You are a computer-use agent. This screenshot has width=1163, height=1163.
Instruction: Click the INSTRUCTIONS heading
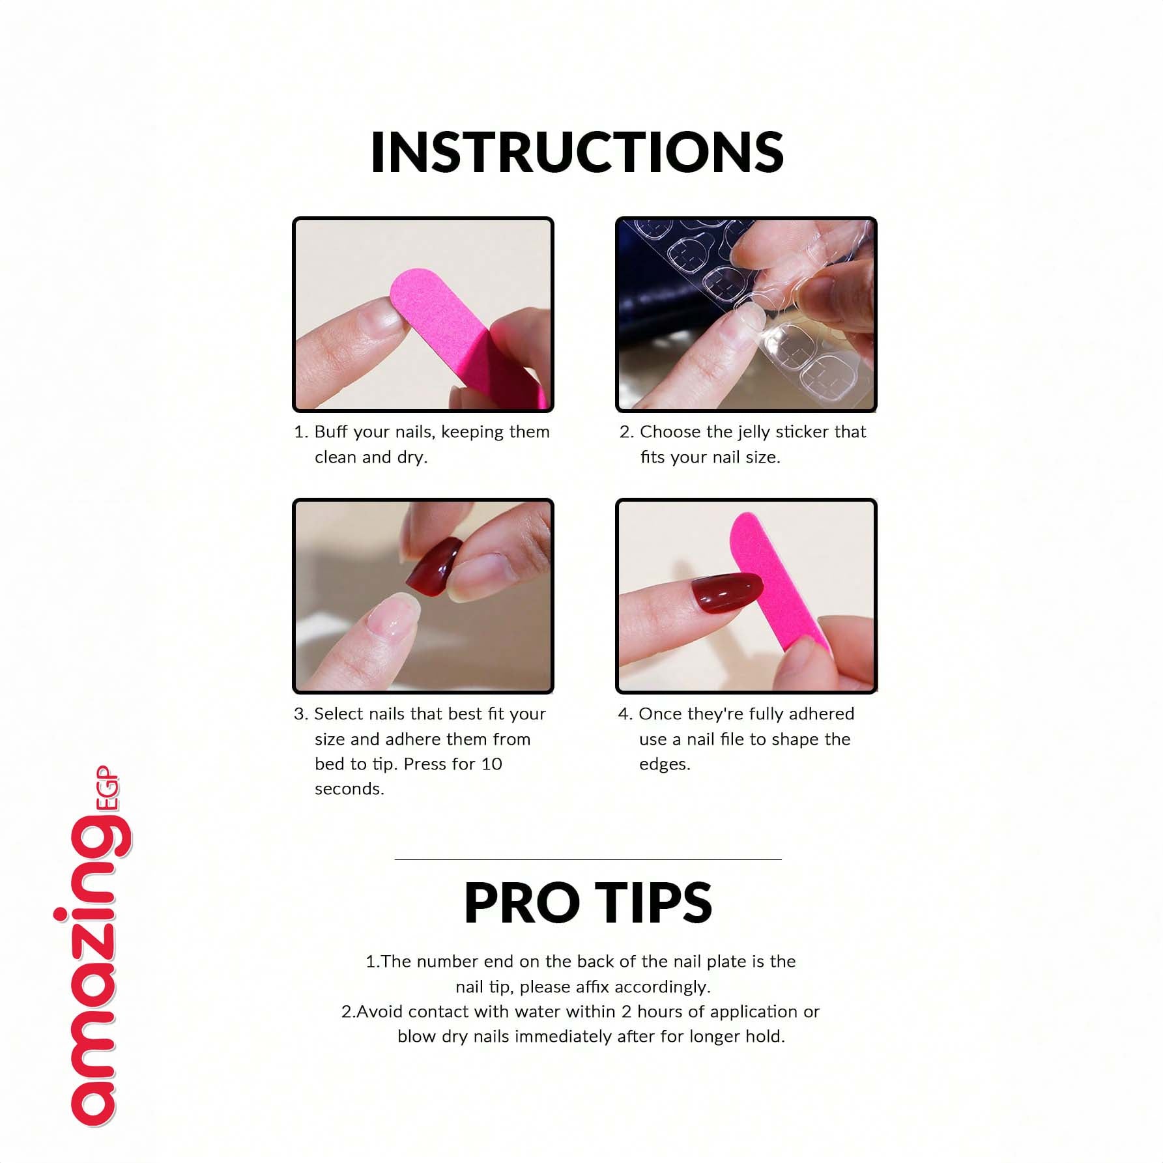[577, 152]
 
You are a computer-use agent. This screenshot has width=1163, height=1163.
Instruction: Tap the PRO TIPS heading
[588, 902]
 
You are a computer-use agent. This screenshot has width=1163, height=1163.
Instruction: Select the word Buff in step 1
[330, 432]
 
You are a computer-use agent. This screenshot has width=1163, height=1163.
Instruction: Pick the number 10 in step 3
[491, 764]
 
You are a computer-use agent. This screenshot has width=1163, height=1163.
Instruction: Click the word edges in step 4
[664, 765]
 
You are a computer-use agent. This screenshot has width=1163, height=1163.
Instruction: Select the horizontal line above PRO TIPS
[588, 859]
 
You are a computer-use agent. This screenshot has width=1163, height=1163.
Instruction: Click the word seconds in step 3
[349, 789]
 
